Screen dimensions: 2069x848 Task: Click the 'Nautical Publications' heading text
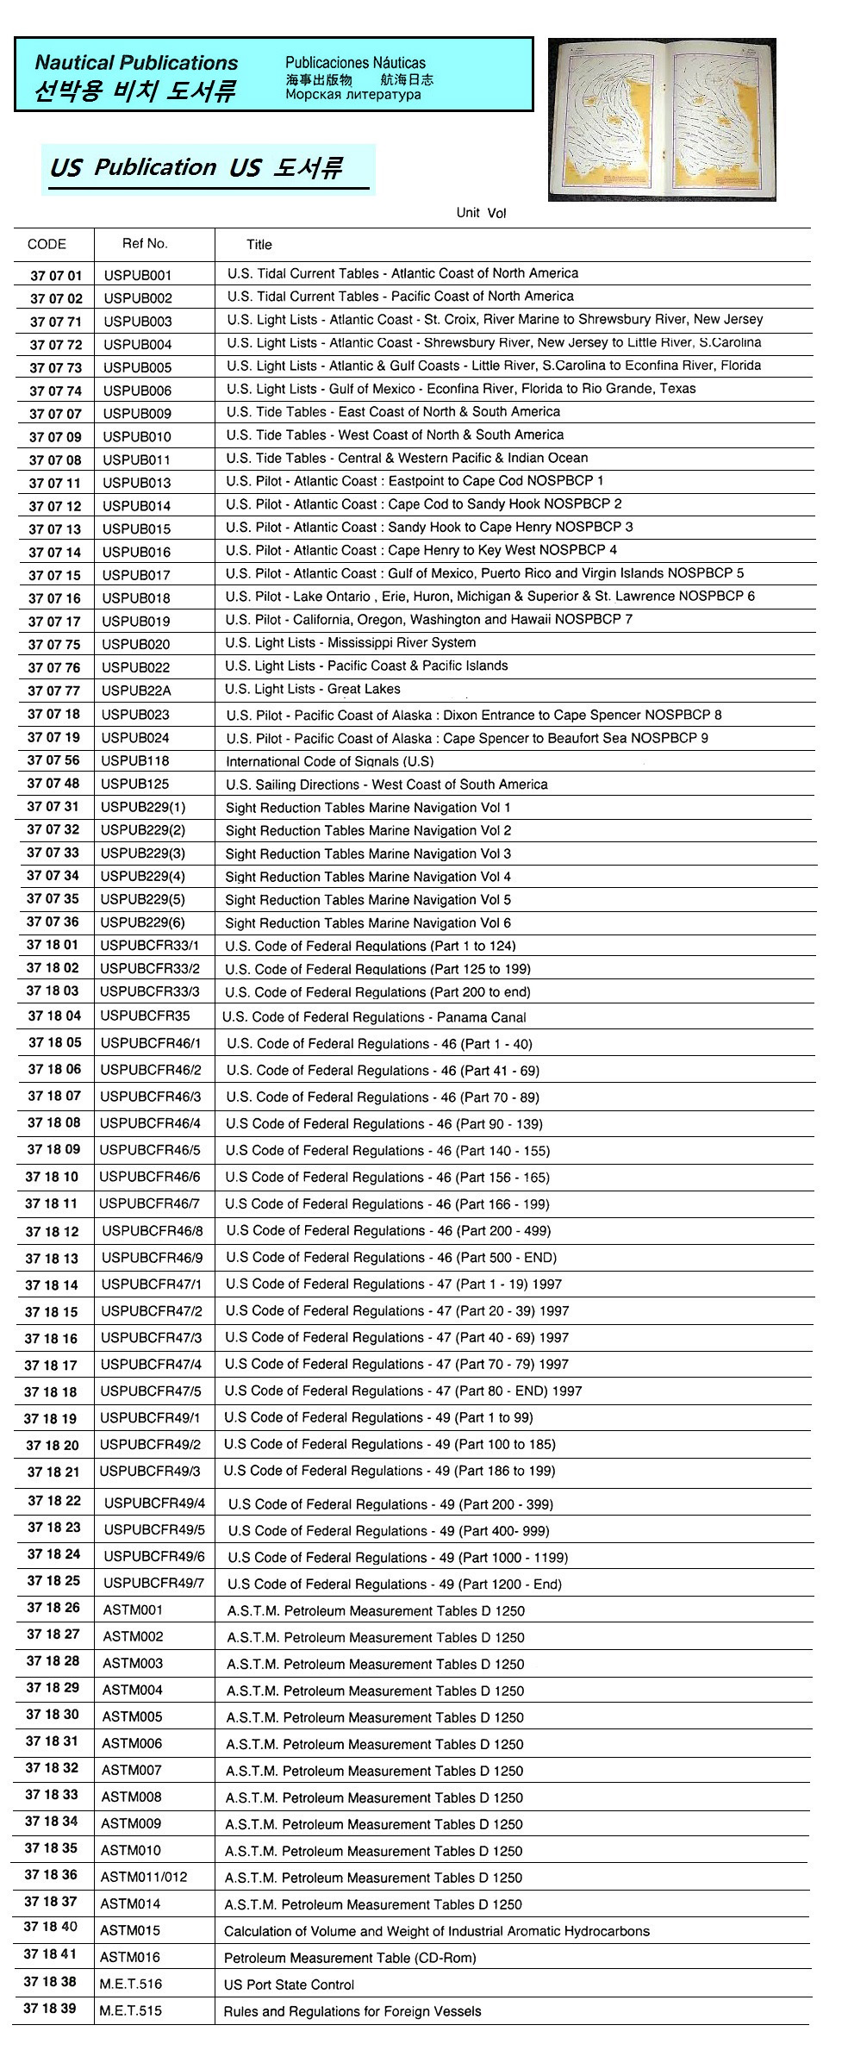click(x=136, y=63)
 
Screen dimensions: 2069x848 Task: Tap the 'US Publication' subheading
click(x=133, y=167)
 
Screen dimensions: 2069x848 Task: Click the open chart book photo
click(x=662, y=120)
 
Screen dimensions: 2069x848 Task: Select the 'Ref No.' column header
click(x=145, y=243)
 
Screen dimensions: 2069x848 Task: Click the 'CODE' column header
click(x=47, y=244)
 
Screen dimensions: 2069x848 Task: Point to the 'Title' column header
click(x=259, y=244)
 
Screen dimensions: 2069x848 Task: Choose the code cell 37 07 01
click(x=56, y=275)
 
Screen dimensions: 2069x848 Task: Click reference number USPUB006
click(x=137, y=391)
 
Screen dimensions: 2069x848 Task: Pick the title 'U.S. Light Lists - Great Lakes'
click(x=312, y=689)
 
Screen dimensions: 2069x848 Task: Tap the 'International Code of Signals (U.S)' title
click(x=329, y=761)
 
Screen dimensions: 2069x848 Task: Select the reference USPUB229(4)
click(x=143, y=876)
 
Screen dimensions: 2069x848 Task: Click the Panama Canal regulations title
click(x=374, y=1017)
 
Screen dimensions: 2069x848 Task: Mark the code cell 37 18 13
click(x=52, y=1258)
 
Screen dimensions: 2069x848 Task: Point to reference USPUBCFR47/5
click(x=151, y=1391)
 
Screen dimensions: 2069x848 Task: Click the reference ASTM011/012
click(x=144, y=1877)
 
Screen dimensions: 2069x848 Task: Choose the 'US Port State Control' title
click(x=289, y=1985)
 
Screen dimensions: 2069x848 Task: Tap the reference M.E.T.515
click(x=130, y=2010)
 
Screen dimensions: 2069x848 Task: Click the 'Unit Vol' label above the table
click(x=481, y=213)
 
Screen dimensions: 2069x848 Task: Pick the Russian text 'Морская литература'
click(x=353, y=95)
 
